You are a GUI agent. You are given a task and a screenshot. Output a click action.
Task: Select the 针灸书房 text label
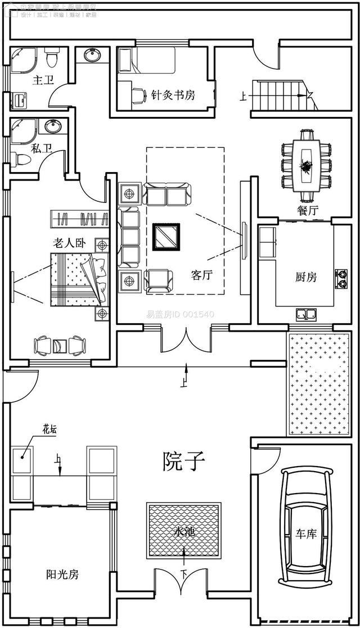click(173, 94)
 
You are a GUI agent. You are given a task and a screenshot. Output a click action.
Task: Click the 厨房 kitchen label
click(306, 277)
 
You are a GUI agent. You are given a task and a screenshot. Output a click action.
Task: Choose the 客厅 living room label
click(202, 275)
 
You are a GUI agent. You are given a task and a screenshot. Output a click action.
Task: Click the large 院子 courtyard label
click(184, 462)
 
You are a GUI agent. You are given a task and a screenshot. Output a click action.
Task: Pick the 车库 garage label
click(306, 533)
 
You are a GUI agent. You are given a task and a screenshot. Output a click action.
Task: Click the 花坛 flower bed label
click(50, 430)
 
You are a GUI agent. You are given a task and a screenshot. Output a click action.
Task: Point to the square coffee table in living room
click(167, 236)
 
